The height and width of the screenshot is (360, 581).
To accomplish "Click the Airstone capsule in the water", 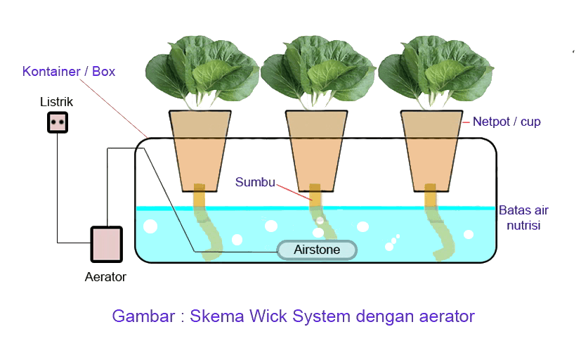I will tap(317, 250).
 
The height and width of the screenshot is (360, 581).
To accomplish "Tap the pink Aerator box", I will tap(106, 244).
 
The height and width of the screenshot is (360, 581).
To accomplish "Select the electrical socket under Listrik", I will tap(57, 123).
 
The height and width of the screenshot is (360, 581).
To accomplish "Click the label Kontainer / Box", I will tap(69, 72).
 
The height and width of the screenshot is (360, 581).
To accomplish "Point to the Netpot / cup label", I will tap(507, 122).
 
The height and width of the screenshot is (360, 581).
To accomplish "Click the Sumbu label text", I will tap(255, 183).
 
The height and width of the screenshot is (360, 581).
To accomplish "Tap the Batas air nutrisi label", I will tap(523, 218).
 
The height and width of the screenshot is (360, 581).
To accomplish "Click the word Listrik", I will tap(56, 103).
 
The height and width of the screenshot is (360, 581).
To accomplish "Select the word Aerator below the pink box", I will tap(105, 277).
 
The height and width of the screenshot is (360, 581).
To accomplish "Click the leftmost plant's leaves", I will tap(202, 70).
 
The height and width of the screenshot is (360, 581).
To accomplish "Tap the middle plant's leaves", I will tap(318, 70).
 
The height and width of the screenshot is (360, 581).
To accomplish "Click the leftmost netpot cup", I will tap(201, 148).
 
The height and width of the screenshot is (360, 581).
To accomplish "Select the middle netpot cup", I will tap(317, 148).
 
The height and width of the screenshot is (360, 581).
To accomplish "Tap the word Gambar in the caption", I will tap(143, 316).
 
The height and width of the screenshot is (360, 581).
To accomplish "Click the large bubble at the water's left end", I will tap(150, 227).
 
